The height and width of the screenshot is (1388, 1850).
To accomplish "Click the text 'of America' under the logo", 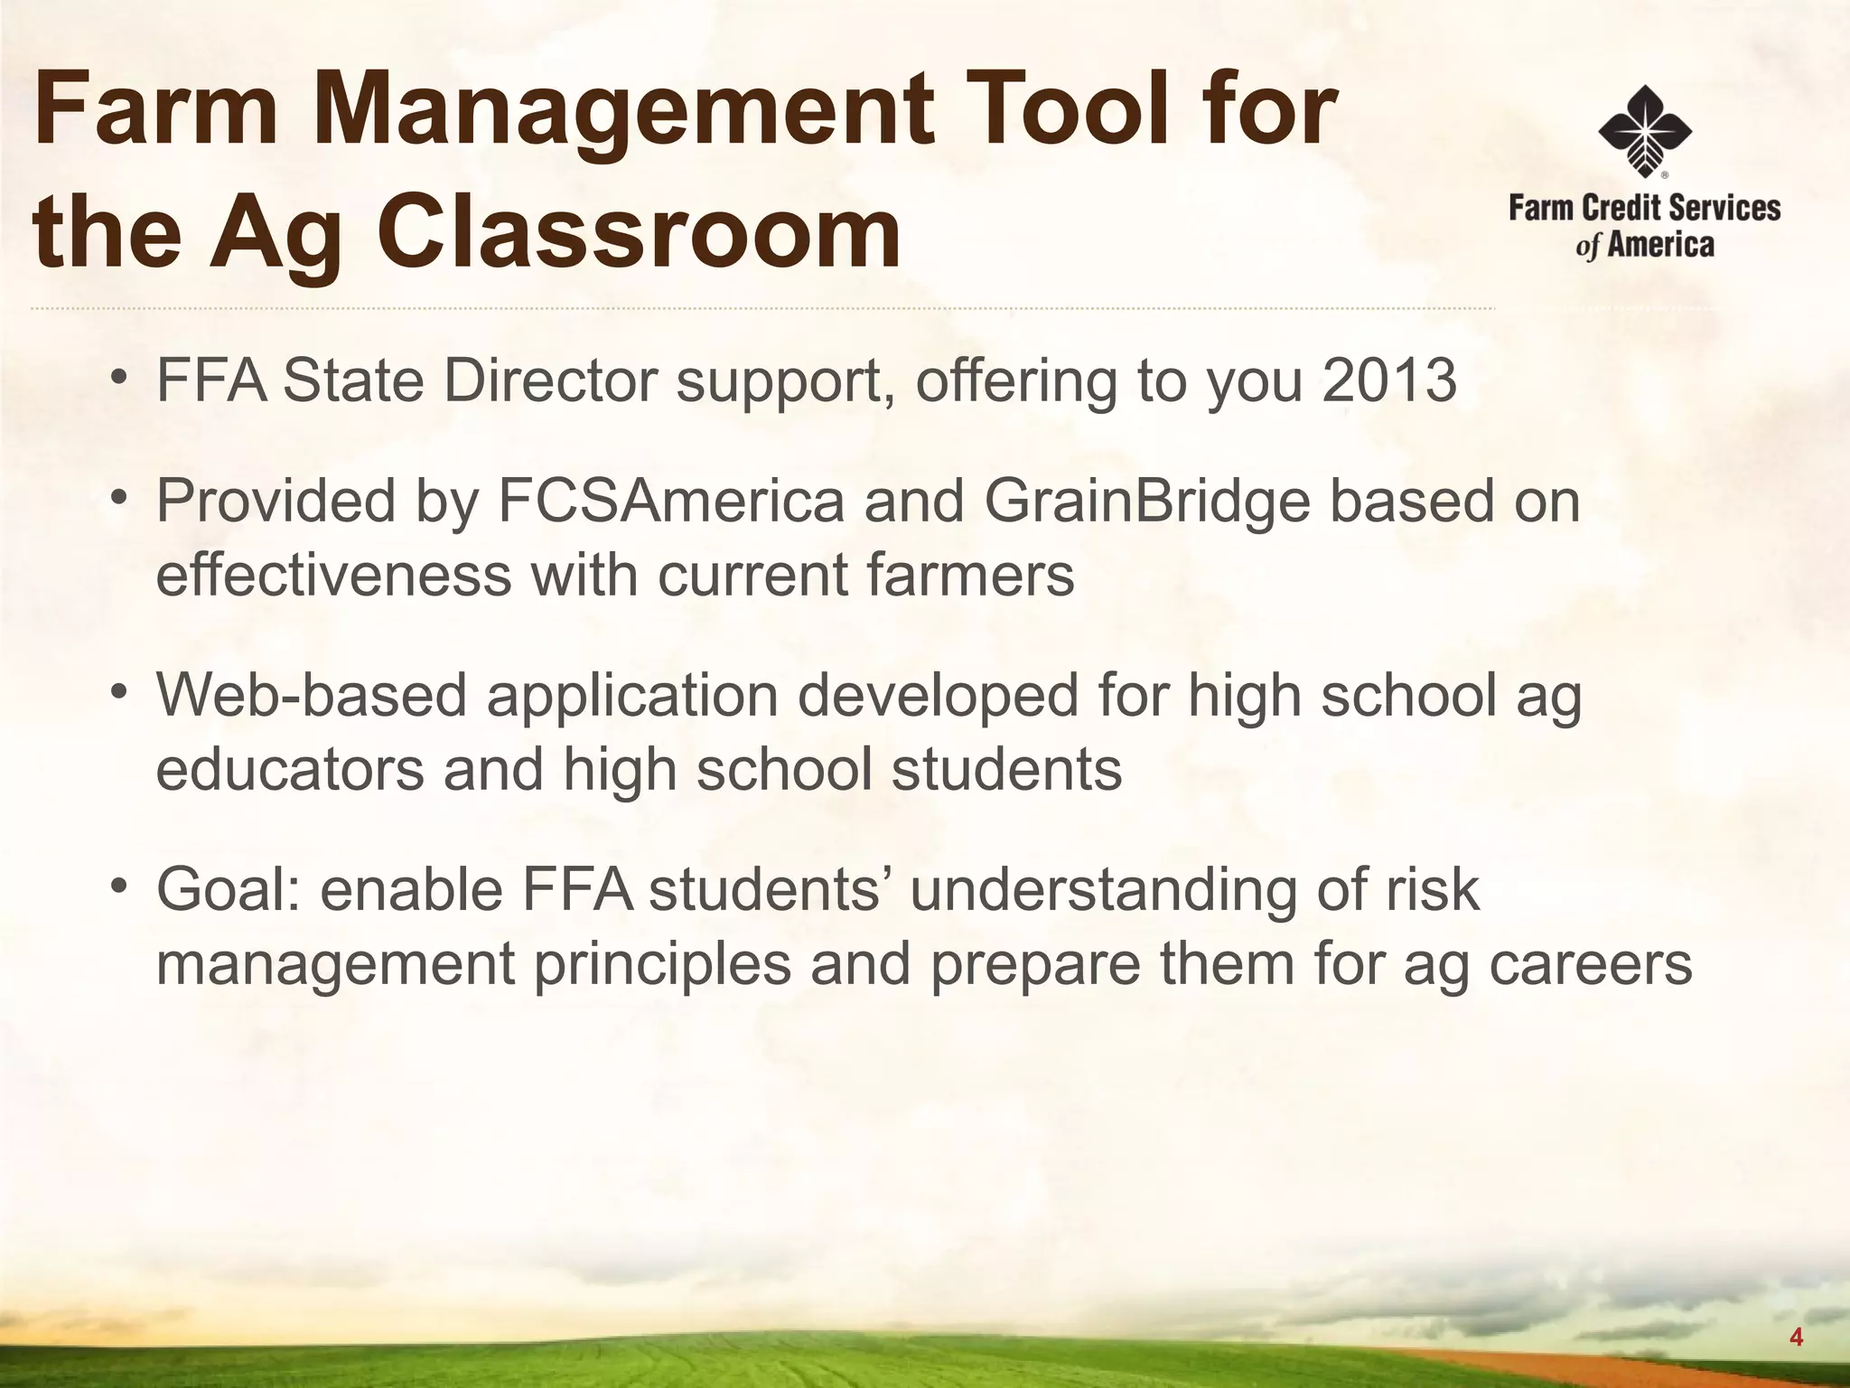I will click(1644, 245).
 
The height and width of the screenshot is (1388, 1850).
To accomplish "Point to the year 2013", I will click(1388, 380).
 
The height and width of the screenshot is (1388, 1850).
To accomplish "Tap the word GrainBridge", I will click(1145, 502).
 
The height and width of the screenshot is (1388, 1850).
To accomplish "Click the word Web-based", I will click(312, 696).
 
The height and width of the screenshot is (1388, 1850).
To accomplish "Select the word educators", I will click(290, 770).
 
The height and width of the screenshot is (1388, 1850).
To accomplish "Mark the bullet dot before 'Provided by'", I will click(118, 500).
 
